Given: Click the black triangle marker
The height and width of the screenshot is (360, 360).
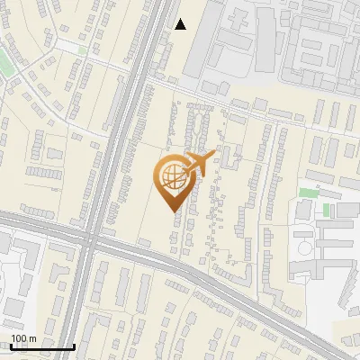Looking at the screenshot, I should (181, 24).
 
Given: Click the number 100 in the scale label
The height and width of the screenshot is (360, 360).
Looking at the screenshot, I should (19, 338).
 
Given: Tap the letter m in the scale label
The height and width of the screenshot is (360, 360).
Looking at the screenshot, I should (32, 338).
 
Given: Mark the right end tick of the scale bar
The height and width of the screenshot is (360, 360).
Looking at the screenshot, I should (74, 346).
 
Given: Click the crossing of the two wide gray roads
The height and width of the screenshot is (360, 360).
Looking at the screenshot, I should (93, 241).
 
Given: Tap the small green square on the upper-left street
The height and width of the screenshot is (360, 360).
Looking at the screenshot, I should (83, 50).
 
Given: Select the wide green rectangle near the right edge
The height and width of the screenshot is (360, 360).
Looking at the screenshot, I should (309, 193).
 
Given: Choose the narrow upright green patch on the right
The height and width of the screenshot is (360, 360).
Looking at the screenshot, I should (328, 211).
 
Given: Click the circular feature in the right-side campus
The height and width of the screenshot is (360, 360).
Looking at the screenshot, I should (306, 247).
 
